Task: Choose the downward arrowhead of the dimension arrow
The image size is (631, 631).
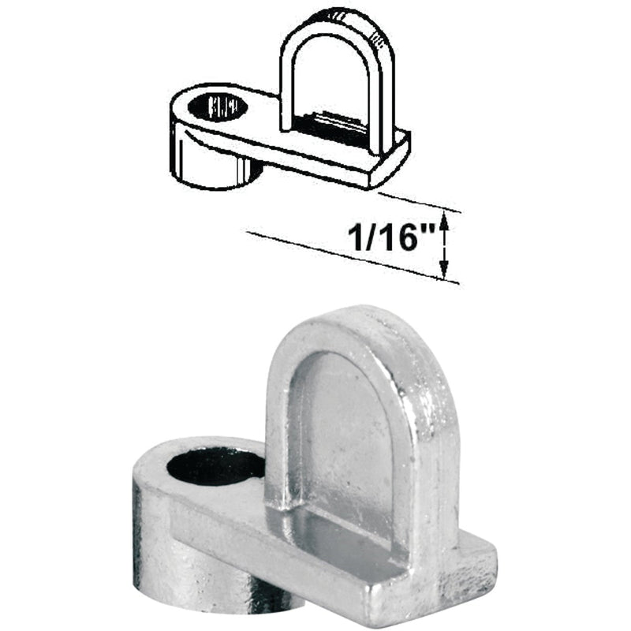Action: (x=444, y=273)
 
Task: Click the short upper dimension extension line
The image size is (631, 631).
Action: (x=418, y=202)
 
